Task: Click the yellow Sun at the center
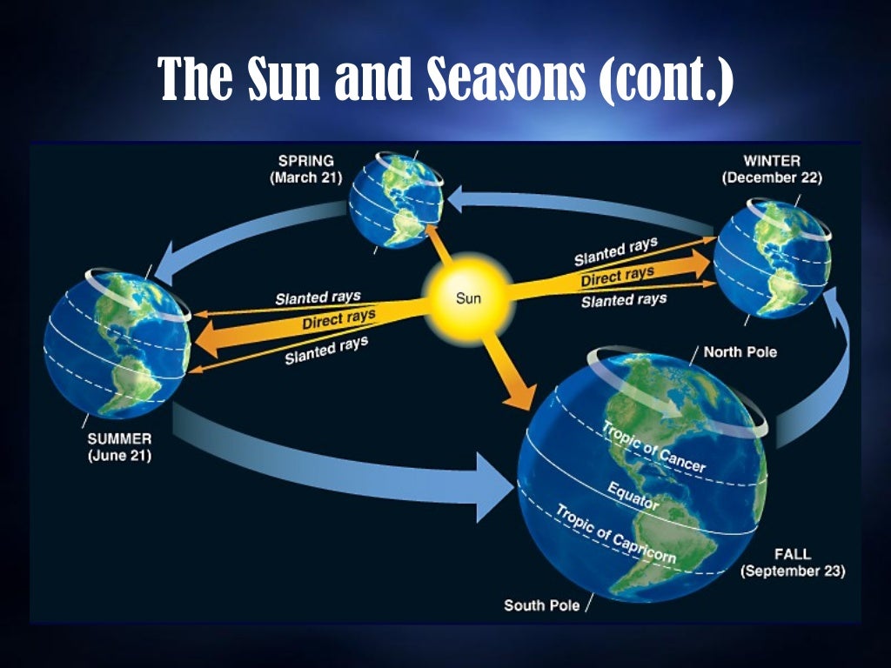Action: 468,298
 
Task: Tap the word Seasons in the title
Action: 505,80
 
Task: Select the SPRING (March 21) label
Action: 305,170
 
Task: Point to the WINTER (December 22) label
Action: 771,169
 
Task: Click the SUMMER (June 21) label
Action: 120,446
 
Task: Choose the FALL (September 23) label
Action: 792,563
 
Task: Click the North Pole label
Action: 740,352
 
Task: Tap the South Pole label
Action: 540,605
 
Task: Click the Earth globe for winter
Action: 772,258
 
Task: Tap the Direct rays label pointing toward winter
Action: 617,277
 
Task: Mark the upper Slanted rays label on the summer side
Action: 318,298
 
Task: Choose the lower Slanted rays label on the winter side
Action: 624,300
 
